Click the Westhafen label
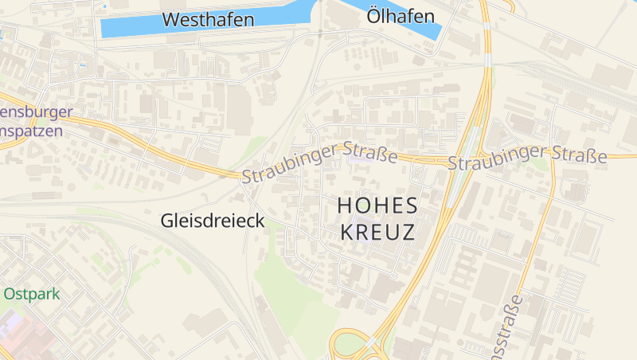point(208,20)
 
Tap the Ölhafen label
point(401,16)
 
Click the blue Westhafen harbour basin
point(127,25)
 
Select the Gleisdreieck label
point(213,221)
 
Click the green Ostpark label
point(32,294)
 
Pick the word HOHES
point(377,205)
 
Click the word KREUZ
point(377,233)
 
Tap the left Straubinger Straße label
point(319,162)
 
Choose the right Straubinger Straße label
point(527,157)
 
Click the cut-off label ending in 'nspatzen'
point(31,131)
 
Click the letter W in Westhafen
point(171,20)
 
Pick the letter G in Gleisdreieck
point(168,221)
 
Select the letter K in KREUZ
point(347,233)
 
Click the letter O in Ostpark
point(10,294)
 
